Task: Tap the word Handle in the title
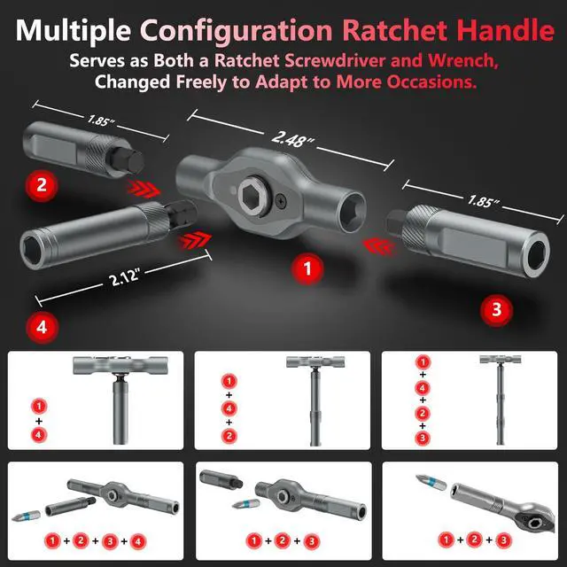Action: tap(505, 30)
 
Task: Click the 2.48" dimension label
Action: tap(291, 138)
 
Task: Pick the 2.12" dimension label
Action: tap(124, 277)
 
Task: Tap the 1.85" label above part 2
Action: tap(100, 120)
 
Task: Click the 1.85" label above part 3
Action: tap(483, 201)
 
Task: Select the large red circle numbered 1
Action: tap(307, 268)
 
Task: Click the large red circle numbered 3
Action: tap(496, 310)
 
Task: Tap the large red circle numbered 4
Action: tap(42, 327)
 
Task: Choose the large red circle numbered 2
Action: tap(42, 185)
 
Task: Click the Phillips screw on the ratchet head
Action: tap(281, 199)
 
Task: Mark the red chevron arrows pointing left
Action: tap(380, 246)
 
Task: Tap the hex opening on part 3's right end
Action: tap(538, 253)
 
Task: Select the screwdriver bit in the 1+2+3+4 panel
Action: tap(26, 516)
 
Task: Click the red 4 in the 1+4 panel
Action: tap(39, 434)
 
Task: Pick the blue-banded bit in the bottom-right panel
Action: tap(431, 481)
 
